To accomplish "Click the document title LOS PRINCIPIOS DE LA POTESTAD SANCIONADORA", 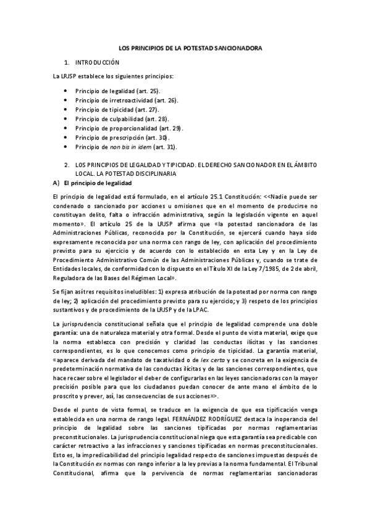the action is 190,47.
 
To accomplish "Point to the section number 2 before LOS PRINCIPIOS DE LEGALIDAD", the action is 67,165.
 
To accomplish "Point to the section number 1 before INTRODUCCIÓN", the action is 67,63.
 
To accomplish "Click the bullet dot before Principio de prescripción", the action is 67,138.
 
